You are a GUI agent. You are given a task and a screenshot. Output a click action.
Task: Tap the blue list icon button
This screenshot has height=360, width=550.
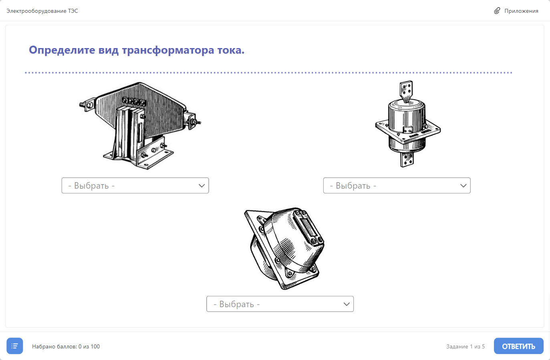(x=15, y=346)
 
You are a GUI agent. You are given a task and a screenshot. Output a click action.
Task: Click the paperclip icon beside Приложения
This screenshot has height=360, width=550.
(x=497, y=11)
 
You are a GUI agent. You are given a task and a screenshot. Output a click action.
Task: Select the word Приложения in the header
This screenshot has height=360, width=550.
(x=521, y=11)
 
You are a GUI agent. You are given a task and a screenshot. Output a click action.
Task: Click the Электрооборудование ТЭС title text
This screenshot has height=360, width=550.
(x=42, y=11)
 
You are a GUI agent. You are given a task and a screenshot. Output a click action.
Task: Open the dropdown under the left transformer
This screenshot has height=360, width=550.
(x=135, y=185)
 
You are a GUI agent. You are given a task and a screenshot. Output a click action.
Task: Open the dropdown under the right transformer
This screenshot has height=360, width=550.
(x=397, y=185)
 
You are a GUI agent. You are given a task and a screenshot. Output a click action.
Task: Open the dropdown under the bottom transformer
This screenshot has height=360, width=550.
(x=280, y=304)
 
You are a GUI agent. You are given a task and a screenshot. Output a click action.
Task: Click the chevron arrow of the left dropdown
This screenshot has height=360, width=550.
(x=201, y=186)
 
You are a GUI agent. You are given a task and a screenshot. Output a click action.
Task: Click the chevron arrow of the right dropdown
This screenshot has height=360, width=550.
(x=463, y=186)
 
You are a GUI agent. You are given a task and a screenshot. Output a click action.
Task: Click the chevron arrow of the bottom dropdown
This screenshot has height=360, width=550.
(x=347, y=304)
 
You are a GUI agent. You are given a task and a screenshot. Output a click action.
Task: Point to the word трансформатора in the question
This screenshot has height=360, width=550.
(x=168, y=50)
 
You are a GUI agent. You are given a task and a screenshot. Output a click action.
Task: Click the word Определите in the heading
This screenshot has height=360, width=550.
(x=62, y=50)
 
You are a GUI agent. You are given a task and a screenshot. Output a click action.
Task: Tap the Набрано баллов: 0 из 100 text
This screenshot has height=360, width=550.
(x=66, y=346)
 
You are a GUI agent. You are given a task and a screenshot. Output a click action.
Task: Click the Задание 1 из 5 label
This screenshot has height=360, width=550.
(x=465, y=346)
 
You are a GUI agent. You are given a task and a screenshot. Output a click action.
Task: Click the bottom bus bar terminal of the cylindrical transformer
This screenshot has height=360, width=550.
(x=407, y=159)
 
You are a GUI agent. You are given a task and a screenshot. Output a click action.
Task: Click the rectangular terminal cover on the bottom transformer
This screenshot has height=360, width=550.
(x=307, y=227)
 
